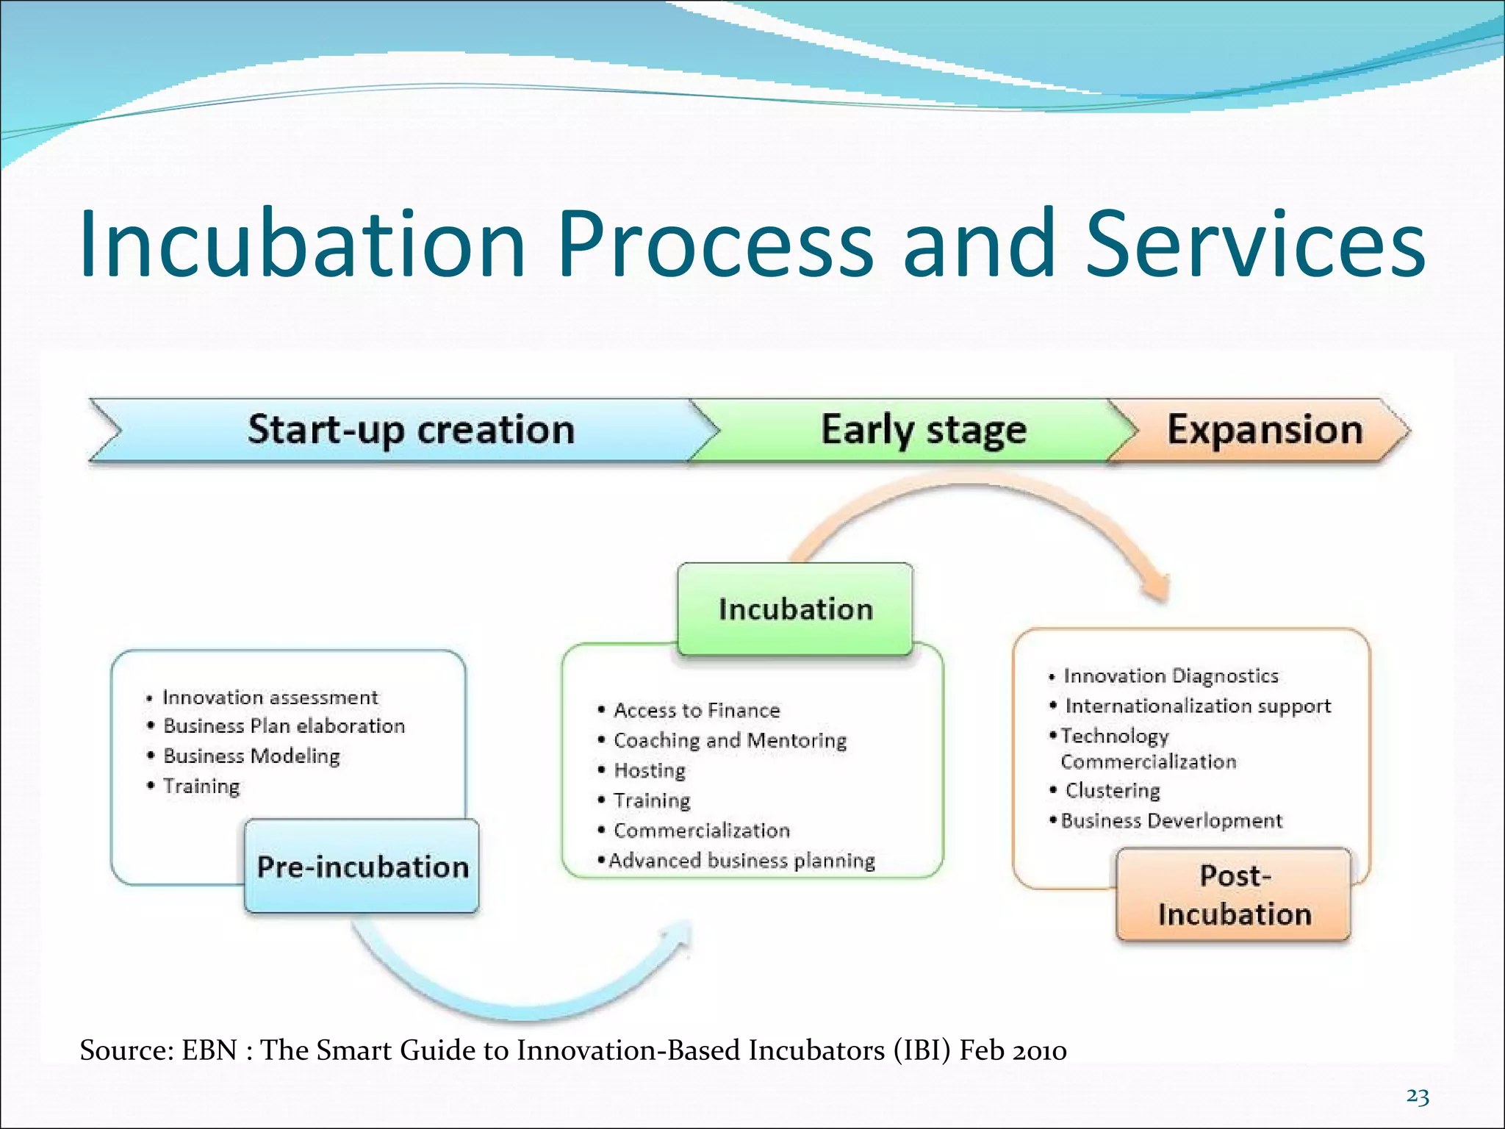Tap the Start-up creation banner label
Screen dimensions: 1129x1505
(411, 430)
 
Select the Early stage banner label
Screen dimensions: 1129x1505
(923, 431)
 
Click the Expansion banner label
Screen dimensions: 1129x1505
(1264, 430)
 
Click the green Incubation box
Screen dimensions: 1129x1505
(795, 609)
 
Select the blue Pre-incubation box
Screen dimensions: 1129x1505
(362, 867)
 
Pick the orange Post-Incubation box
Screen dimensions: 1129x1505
(1234, 895)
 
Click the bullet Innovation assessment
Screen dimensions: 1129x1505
(270, 697)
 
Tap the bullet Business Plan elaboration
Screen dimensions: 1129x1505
(284, 726)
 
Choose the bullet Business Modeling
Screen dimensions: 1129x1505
(251, 756)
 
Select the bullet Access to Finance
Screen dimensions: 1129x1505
(696, 711)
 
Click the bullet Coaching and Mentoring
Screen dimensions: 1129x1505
(730, 740)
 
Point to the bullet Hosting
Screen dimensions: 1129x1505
(649, 770)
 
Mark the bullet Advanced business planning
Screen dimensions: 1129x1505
(741, 861)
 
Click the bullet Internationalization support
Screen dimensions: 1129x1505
(1198, 706)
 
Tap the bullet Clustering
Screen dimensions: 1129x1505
(1112, 791)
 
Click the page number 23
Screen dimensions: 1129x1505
(1418, 1097)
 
